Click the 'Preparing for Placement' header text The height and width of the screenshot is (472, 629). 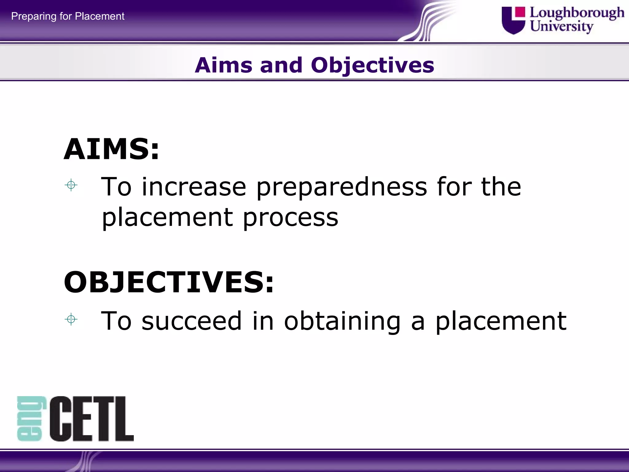pyautogui.click(x=68, y=16)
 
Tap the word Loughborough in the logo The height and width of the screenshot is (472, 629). pyautogui.click(x=577, y=13)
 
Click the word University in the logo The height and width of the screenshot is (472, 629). pyautogui.click(x=561, y=26)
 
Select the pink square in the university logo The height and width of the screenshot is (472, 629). pyautogui.click(x=520, y=12)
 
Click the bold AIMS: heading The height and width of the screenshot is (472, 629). pyautogui.click(x=111, y=149)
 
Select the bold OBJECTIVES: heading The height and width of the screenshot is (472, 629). pyautogui.click(x=169, y=282)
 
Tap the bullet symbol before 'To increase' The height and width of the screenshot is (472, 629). pyautogui.click(x=71, y=185)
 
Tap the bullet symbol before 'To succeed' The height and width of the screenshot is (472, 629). pyautogui.click(x=71, y=320)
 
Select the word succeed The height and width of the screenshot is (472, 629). pyautogui.click(x=191, y=321)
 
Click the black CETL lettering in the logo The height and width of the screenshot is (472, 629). pyautogui.click(x=92, y=419)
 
